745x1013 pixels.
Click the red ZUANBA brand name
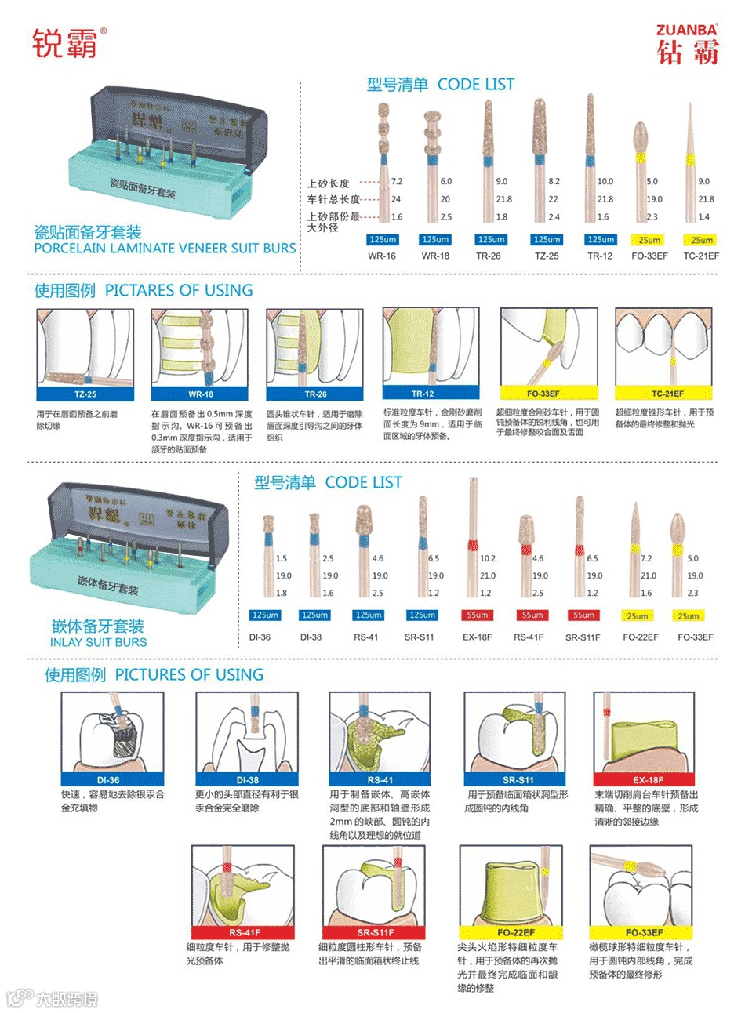(x=687, y=31)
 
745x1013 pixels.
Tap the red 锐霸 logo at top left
(x=66, y=43)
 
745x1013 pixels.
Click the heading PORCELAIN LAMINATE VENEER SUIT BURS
(x=165, y=248)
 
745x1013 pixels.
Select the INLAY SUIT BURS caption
(x=98, y=642)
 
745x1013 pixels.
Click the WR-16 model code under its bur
(x=382, y=256)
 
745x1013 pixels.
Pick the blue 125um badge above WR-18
(x=435, y=239)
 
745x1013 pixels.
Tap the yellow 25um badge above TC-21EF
(x=701, y=240)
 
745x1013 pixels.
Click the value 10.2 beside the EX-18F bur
(x=487, y=558)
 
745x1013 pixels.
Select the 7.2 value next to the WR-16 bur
(x=397, y=181)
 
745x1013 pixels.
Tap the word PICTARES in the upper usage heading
(x=138, y=290)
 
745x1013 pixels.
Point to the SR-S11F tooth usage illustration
(x=375, y=885)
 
